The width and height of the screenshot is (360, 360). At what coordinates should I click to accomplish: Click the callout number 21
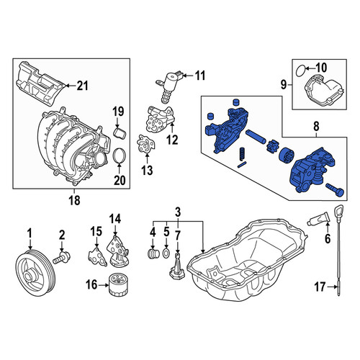point(82,86)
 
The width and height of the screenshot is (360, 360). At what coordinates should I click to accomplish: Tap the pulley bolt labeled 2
point(61,258)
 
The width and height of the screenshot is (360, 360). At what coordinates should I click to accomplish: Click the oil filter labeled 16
point(118,284)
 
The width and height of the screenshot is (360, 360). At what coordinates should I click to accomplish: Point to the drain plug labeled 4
point(153,254)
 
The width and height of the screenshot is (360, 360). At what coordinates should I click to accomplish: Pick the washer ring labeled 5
point(166,253)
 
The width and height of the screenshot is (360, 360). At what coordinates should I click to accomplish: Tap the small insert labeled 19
point(119,133)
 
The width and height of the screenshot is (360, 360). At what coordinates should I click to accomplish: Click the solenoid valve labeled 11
point(170,86)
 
